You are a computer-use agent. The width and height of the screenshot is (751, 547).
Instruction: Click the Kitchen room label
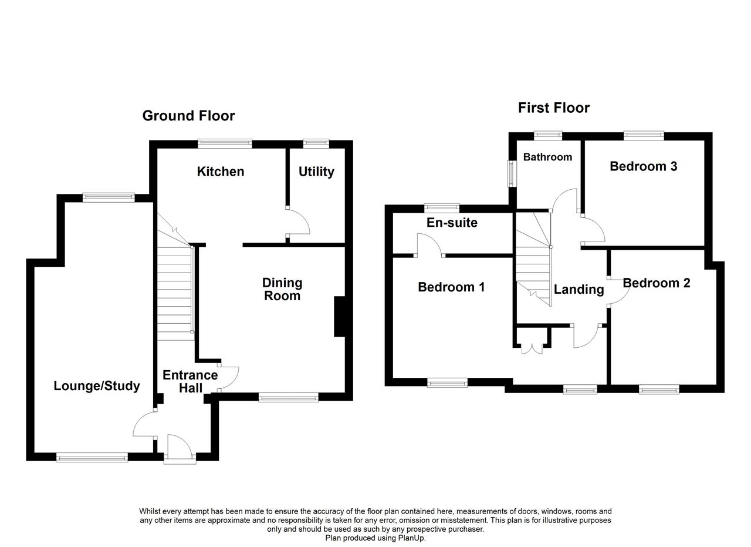click(x=220, y=172)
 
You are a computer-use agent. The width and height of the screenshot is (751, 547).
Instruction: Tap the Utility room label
click(x=316, y=172)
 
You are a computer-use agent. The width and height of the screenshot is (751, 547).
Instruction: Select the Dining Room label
click(x=282, y=289)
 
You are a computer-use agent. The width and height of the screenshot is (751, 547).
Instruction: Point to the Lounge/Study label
click(x=97, y=386)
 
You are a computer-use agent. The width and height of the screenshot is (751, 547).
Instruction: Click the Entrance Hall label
click(x=190, y=381)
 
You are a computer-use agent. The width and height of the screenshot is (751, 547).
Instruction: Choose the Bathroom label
click(x=547, y=157)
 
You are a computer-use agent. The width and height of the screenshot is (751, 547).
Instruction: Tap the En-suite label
click(x=452, y=223)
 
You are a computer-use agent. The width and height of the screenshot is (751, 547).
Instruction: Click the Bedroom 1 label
click(x=451, y=287)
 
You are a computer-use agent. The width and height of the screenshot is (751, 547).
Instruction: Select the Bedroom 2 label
click(x=656, y=283)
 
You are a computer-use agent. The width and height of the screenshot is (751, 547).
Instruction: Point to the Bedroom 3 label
click(x=643, y=166)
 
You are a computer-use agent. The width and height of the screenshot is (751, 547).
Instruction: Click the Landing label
click(x=579, y=289)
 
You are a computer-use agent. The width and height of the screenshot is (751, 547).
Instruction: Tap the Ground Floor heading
click(x=188, y=116)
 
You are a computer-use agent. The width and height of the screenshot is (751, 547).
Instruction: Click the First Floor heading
click(x=553, y=108)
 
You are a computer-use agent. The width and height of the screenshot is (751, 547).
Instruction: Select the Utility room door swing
click(x=298, y=222)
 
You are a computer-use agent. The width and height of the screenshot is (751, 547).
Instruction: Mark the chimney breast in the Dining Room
click(x=339, y=317)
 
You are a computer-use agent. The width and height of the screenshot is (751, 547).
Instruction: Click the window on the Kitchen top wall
click(x=225, y=143)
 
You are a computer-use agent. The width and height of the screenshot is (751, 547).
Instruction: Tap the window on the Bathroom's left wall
click(x=511, y=173)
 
